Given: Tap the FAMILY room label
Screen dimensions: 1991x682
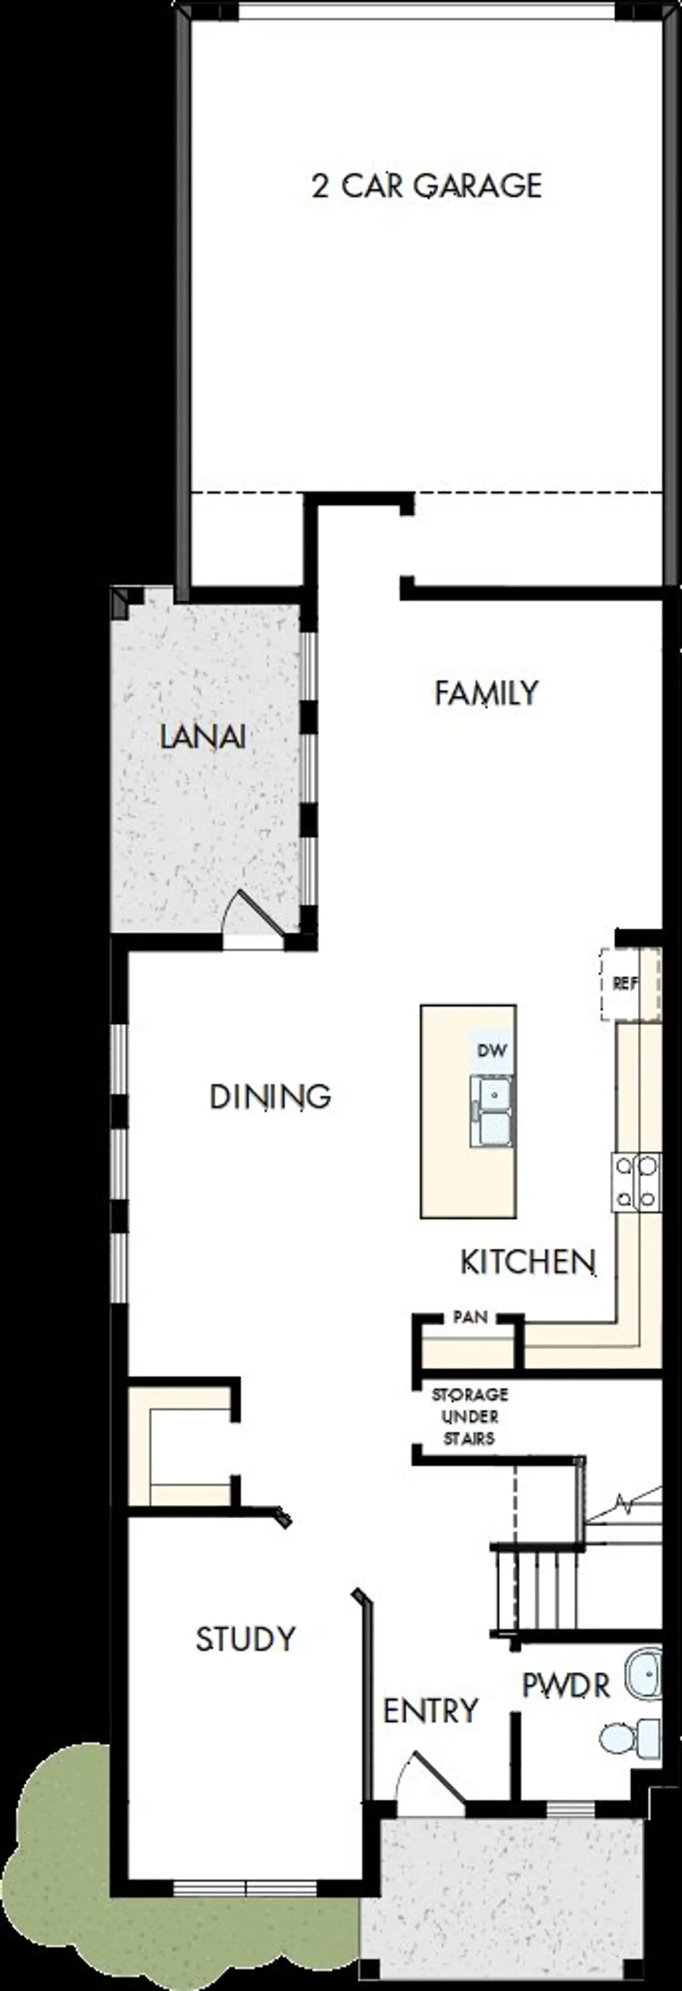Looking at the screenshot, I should coord(486,692).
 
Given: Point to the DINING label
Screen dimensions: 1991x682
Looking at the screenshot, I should coord(270,1097).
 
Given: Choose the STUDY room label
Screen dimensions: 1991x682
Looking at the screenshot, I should coord(245,1639).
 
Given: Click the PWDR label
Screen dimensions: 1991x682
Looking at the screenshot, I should coord(566,1685).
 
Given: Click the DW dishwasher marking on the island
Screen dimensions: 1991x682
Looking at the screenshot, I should coord(492,1050).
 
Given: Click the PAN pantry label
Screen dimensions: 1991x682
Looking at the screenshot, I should coord(469,1317).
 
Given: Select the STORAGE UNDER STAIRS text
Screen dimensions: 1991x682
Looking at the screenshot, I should coord(469,1417).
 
